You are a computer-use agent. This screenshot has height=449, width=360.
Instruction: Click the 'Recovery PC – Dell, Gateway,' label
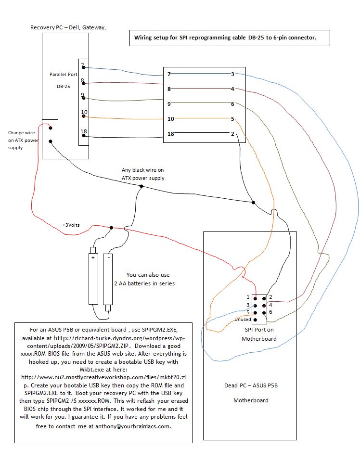(68, 28)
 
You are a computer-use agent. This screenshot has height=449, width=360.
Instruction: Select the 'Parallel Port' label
(64, 75)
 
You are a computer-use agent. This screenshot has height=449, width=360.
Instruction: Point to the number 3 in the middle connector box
(232, 74)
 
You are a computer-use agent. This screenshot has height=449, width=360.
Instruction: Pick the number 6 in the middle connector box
(232, 104)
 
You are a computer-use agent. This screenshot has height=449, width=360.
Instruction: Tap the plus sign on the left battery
(93, 258)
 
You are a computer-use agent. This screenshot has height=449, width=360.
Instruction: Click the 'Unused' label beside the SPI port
(243, 320)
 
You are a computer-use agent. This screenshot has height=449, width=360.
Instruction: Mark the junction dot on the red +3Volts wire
(112, 228)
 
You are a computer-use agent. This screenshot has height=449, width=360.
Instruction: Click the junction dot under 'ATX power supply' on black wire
(141, 186)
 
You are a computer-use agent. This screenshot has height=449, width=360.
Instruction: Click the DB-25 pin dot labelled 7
(84, 68)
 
